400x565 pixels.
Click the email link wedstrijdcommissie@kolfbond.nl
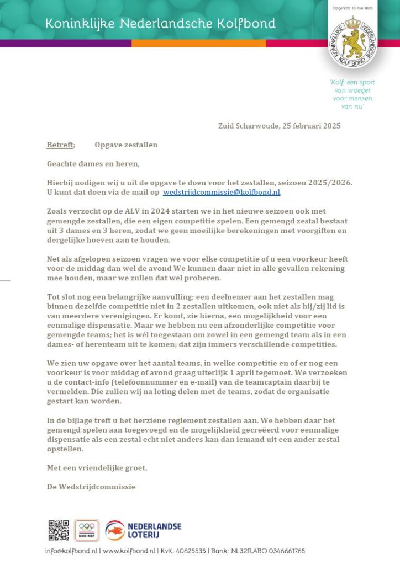coord(222,192)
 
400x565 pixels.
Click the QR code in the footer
coord(59,530)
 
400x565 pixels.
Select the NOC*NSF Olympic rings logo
coord(87,530)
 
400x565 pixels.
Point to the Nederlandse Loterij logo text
coord(155,530)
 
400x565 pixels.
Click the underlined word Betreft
coord(60,145)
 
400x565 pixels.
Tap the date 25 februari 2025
coord(308,126)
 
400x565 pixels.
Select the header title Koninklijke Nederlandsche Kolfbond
coord(160,24)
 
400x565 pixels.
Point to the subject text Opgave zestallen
coord(126,145)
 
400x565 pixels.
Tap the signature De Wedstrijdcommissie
coord(91,487)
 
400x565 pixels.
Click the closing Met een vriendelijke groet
coord(97,468)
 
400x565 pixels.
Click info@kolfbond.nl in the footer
coord(71,551)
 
